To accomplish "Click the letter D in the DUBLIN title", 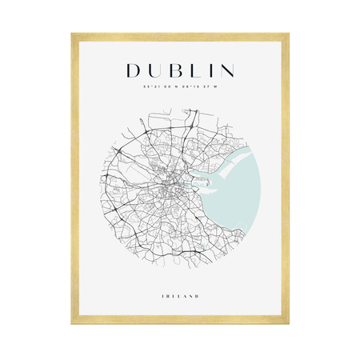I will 134,70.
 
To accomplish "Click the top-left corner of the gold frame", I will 73,35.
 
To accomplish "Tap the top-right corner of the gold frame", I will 287,35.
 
